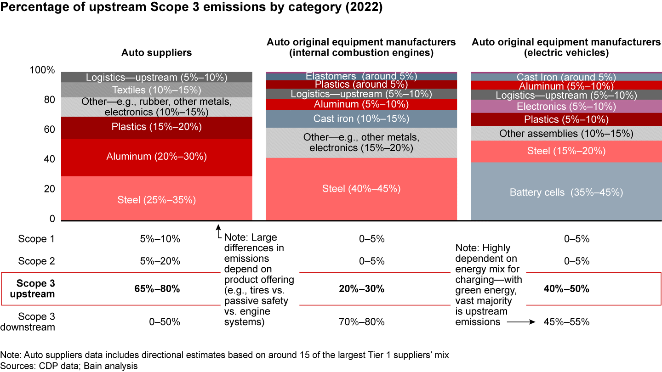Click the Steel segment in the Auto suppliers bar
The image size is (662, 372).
(157, 200)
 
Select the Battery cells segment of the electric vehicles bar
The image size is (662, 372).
(566, 192)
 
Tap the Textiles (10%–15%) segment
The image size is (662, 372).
(157, 90)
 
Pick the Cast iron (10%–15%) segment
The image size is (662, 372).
(361, 118)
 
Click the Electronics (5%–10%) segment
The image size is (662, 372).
(566, 107)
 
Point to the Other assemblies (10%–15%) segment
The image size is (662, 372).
(566, 134)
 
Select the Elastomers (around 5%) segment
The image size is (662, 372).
(361, 76)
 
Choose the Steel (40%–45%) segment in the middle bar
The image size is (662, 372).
(361, 189)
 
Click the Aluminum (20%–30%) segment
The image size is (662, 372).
(157, 157)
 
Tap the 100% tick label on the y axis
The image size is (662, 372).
(42, 70)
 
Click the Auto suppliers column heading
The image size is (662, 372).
(156, 53)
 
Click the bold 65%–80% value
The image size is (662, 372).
(160, 289)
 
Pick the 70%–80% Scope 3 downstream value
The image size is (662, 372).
(361, 322)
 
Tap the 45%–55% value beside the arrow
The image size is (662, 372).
(566, 322)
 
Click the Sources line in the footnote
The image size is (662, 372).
(69, 366)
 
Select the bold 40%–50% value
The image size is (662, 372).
(566, 289)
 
